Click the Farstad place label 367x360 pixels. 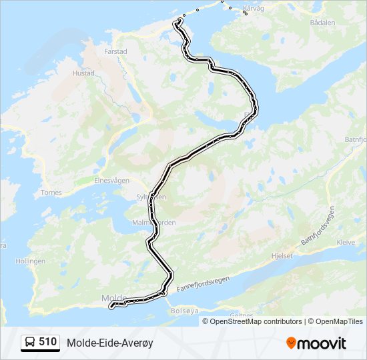point(115,51)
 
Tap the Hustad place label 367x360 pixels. point(83,73)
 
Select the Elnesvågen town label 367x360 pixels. point(112,179)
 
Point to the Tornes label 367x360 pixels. point(51,193)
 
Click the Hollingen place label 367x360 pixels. point(29,261)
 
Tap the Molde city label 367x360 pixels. point(113,297)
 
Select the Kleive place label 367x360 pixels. point(346,242)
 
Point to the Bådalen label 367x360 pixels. point(322,22)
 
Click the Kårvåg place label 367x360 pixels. point(254,9)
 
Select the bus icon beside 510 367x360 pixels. point(31,343)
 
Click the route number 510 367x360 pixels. point(47,342)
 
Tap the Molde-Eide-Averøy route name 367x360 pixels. point(109,343)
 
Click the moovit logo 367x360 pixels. point(316,343)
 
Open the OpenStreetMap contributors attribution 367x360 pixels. point(256,321)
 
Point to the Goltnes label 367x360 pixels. point(241,315)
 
